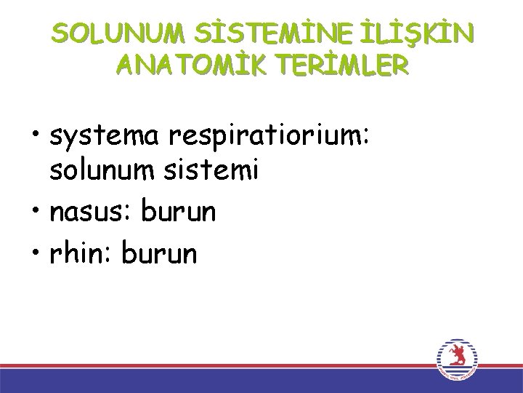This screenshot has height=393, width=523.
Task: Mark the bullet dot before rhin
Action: tap(34, 254)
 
